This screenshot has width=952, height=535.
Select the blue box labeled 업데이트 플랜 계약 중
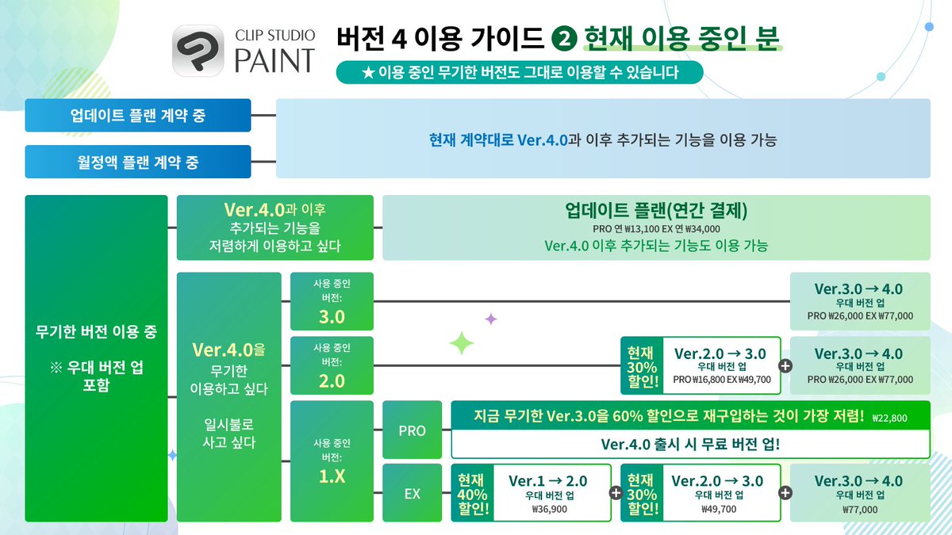[138, 116]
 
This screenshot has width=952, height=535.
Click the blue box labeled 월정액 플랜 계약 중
[138, 162]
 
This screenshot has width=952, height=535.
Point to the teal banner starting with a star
[520, 73]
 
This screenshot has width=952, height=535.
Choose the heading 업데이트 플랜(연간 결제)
[656, 212]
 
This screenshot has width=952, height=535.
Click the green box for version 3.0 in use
[332, 301]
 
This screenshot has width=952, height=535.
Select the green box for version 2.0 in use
[332, 365]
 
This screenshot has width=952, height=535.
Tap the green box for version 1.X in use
[332, 460]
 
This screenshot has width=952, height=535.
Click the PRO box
[413, 430]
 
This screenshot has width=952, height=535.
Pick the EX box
[413, 493]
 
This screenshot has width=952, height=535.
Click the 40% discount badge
[471, 493]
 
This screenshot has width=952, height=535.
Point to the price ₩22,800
[889, 418]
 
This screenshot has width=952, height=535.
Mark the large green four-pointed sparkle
[462, 342]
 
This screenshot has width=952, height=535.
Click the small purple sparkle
[491, 319]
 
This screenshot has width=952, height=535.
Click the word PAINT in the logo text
[274, 59]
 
